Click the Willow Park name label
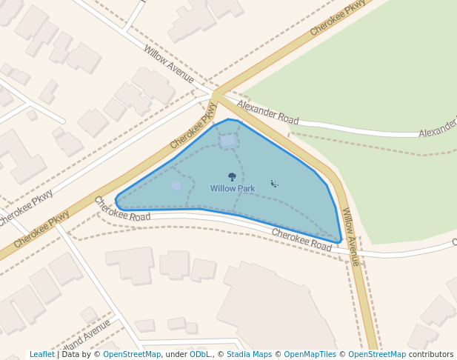(232, 189)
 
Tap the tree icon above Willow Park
(232, 177)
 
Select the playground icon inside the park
(274, 183)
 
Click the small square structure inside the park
(228, 139)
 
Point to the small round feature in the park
(176, 185)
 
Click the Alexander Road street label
(267, 113)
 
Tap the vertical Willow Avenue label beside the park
(350, 236)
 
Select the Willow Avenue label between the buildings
(169, 64)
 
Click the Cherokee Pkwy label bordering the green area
(338, 18)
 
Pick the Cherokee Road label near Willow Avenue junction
(301, 240)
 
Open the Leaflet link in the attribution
(42, 355)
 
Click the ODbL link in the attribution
(199, 355)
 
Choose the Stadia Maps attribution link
(249, 355)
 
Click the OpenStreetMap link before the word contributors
(377, 355)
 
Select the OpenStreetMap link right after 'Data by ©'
(132, 355)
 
